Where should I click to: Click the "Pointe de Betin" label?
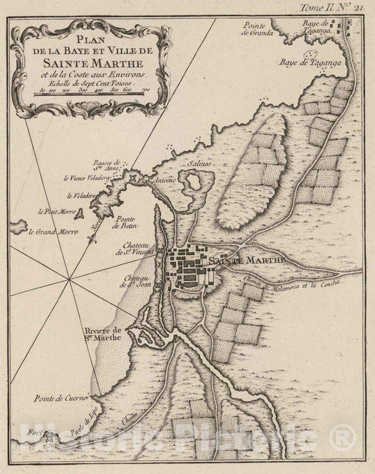(125, 223)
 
